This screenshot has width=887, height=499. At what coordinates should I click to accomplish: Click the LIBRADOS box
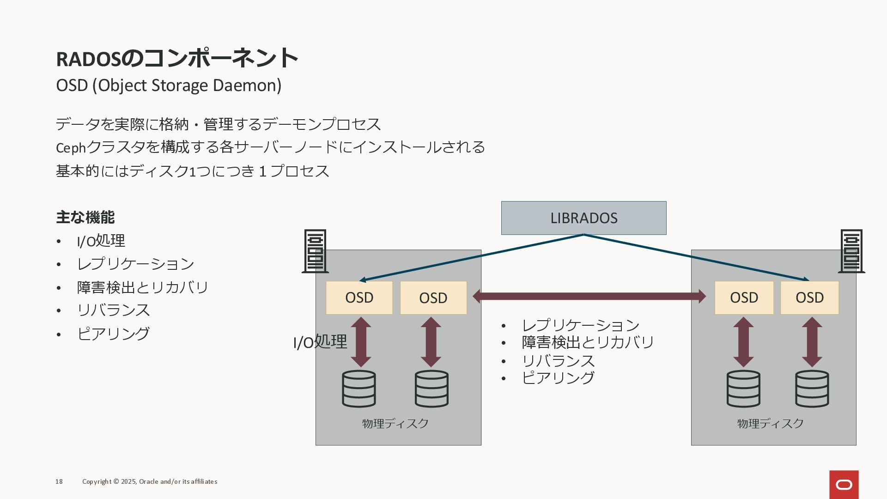(x=583, y=218)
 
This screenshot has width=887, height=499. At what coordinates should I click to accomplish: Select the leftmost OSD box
(x=359, y=298)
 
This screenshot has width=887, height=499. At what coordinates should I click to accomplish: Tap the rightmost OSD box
(x=809, y=298)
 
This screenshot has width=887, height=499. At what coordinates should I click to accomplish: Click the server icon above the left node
(x=315, y=251)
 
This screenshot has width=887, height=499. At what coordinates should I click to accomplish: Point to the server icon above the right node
(x=851, y=251)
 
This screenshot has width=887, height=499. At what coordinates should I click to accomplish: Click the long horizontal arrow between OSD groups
(x=589, y=296)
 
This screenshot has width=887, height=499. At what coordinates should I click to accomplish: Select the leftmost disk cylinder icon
(x=359, y=389)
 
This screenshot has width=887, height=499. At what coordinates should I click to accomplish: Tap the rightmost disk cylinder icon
(x=812, y=389)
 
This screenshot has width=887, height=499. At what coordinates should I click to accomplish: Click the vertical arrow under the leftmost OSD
(x=361, y=342)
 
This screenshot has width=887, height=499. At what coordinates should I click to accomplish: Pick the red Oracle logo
(x=844, y=484)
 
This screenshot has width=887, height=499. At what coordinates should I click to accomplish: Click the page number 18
(x=59, y=481)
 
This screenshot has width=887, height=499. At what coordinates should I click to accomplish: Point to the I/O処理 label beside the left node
(x=320, y=342)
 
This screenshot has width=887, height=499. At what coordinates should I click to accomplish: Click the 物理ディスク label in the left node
(x=395, y=423)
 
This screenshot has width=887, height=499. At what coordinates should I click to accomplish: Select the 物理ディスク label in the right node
(x=770, y=423)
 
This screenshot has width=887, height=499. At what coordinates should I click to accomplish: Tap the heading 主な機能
(x=85, y=217)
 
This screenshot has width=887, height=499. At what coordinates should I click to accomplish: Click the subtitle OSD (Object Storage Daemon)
(x=169, y=85)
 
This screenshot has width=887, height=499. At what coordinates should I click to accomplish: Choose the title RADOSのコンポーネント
(x=177, y=58)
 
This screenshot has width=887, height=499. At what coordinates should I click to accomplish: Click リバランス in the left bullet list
(x=114, y=310)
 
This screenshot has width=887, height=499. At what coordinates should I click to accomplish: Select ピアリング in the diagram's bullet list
(x=558, y=378)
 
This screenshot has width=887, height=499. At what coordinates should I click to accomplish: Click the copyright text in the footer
(x=150, y=481)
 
